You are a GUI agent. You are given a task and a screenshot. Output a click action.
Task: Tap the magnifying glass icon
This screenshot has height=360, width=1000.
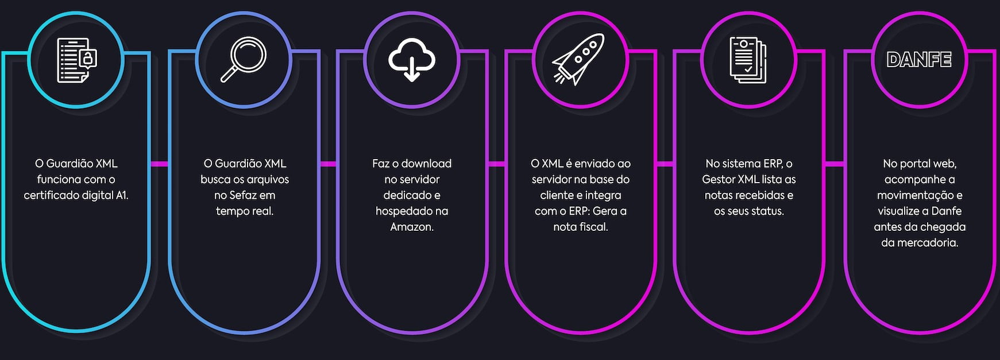[244, 59]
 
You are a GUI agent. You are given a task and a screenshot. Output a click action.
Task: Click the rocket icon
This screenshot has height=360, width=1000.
[578, 59]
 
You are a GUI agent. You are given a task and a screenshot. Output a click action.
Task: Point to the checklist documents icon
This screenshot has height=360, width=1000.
[748, 60]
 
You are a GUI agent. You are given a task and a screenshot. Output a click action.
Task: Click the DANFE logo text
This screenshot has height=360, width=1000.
[918, 60]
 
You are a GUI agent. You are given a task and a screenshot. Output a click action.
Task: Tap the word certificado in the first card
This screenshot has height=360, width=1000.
[51, 195]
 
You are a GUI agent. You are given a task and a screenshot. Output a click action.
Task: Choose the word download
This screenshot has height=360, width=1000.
[426, 164]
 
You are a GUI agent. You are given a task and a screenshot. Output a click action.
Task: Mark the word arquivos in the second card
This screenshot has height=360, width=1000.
[268, 179]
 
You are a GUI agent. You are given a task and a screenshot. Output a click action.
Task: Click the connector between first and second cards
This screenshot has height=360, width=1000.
[159, 164]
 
